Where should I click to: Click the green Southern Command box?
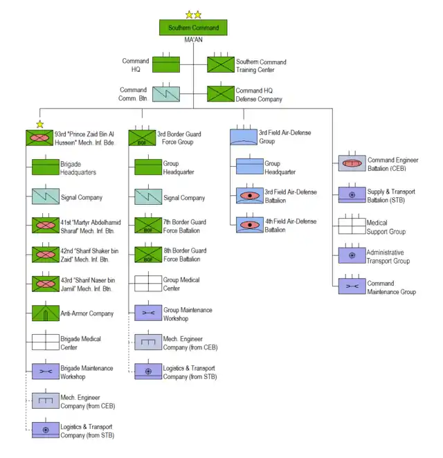tap(193, 28)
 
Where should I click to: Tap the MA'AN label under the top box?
tap(193, 41)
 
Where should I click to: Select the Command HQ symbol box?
tap(166, 65)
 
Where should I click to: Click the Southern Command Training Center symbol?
tap(221, 65)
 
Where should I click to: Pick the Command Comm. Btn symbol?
tap(166, 94)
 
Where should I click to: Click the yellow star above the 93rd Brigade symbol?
tap(40, 125)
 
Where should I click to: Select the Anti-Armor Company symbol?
tap(46, 313)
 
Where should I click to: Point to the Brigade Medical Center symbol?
tap(46, 342)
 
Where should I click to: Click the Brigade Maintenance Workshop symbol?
tap(46, 372)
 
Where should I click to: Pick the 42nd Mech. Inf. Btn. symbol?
tap(46, 255)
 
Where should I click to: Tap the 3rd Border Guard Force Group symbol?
tap(142, 138)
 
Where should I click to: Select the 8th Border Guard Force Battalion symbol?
tap(148, 255)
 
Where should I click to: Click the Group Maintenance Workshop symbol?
tap(148, 313)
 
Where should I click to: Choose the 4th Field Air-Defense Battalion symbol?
tap(250, 225)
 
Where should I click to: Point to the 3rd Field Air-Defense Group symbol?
tap(244, 137)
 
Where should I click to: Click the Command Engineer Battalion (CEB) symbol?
tap(352, 163)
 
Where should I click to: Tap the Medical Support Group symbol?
tap(352, 226)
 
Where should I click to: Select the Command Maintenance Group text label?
tap(391, 288)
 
